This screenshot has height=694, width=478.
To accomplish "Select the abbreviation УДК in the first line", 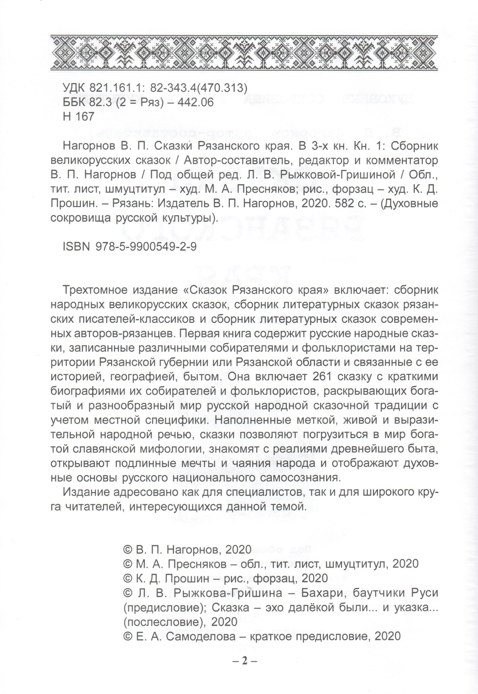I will [x=75, y=88].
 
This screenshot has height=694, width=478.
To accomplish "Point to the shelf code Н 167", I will [x=78, y=116].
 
